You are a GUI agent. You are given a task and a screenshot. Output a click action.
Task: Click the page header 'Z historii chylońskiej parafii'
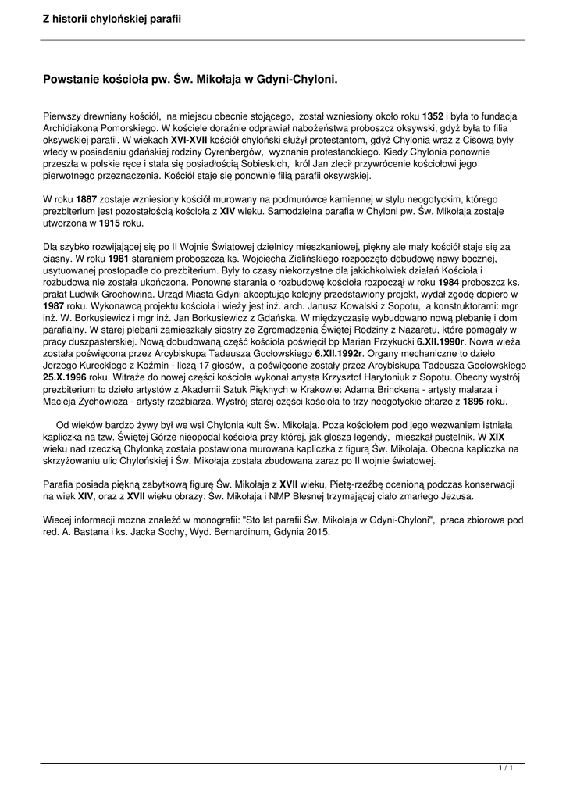click(x=112, y=18)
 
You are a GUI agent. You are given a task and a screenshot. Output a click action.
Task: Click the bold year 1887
click(x=87, y=199)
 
